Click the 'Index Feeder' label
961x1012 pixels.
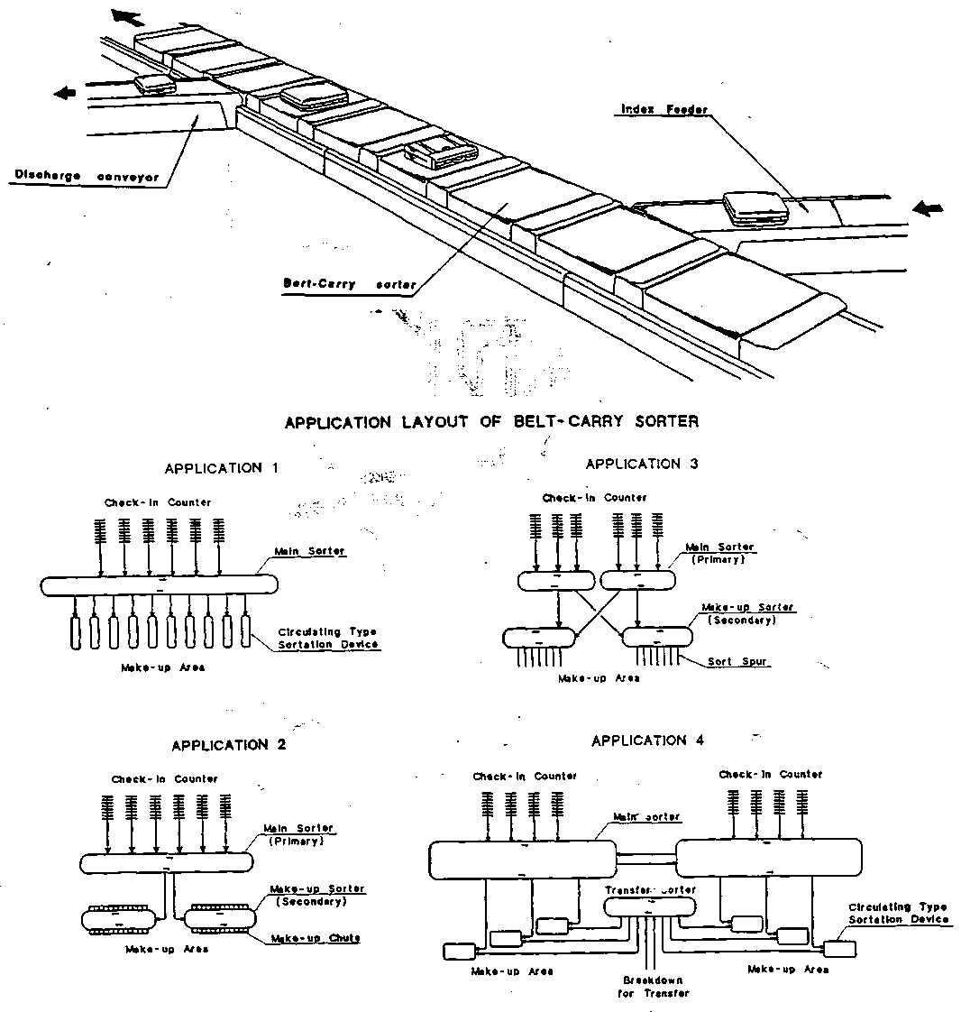[x=664, y=110]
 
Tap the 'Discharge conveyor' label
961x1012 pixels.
[x=87, y=177]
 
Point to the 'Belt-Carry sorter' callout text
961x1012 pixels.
[x=350, y=284]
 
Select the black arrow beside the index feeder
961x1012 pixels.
[x=928, y=208]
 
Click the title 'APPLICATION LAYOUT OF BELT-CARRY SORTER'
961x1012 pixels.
[x=491, y=421]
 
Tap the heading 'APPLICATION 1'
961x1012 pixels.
[x=222, y=468]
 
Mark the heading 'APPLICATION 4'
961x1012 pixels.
[x=648, y=741]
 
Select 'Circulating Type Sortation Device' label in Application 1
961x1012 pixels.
[x=328, y=638]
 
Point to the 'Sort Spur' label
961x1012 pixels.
[x=737, y=661]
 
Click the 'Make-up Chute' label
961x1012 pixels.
[x=315, y=938]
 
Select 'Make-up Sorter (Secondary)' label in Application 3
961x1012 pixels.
[x=737, y=613]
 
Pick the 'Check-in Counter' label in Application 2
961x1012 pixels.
[x=164, y=778]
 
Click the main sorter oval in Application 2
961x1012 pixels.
[x=166, y=862]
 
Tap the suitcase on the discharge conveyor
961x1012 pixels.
[x=155, y=84]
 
